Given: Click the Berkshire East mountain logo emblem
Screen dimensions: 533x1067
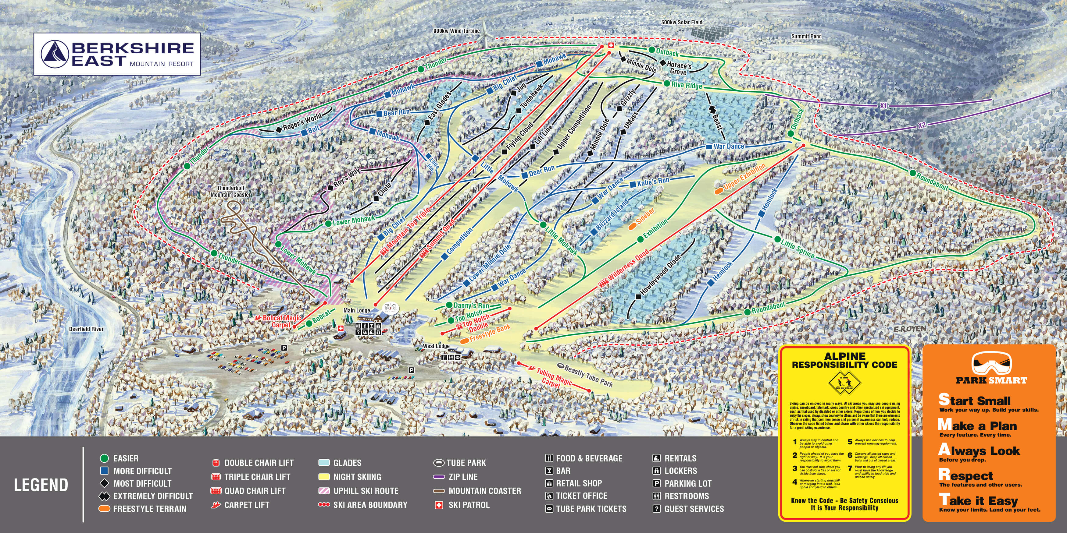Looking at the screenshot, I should click(x=55, y=54).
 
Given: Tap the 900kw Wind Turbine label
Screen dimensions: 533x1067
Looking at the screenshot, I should click(x=456, y=31).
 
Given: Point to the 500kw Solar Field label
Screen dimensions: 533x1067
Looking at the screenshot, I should click(x=681, y=22).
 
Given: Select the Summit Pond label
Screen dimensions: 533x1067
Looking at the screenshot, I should click(x=806, y=37).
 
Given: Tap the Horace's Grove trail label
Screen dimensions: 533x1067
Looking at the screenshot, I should click(x=679, y=68).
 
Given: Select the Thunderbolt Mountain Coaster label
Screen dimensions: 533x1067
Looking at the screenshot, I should click(x=231, y=191).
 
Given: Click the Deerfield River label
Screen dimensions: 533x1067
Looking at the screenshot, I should click(x=86, y=329).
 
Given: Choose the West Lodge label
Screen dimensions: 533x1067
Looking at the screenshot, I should click(x=436, y=346).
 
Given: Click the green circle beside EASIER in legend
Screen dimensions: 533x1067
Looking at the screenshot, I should click(x=104, y=458).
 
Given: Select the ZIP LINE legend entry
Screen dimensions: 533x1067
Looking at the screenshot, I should click(x=463, y=477).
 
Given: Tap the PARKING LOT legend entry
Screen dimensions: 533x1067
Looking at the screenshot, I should click(x=687, y=483).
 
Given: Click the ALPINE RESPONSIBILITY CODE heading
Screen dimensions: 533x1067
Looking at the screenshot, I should click(x=844, y=360).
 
